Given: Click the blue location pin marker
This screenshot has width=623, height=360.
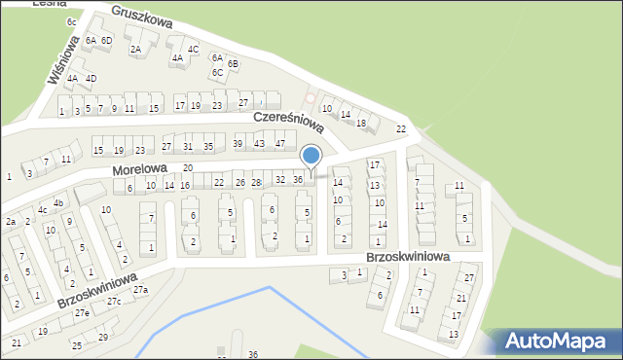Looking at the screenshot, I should (311, 156).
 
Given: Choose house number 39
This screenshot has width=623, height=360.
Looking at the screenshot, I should (238, 144).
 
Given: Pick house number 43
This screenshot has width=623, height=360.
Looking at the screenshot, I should (259, 144).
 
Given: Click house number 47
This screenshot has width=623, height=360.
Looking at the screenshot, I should (280, 144).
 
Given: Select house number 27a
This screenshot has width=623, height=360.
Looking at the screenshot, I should (141, 290).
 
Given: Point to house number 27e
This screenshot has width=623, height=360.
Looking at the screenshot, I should (82, 313).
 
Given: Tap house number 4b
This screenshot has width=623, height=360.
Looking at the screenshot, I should (58, 203).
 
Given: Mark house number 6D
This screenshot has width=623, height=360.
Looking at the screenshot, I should (107, 40).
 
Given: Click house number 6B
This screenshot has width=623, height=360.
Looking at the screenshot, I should (233, 63).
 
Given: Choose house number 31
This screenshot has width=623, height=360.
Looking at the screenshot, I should (188, 147).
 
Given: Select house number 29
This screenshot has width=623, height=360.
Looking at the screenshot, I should (103, 338).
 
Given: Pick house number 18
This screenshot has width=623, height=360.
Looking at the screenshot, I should (361, 124).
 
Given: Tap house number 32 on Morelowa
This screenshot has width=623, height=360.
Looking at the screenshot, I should (279, 180).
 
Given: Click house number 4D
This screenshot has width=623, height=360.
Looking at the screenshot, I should (91, 78).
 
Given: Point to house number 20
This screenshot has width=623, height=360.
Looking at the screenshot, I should (188, 168).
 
